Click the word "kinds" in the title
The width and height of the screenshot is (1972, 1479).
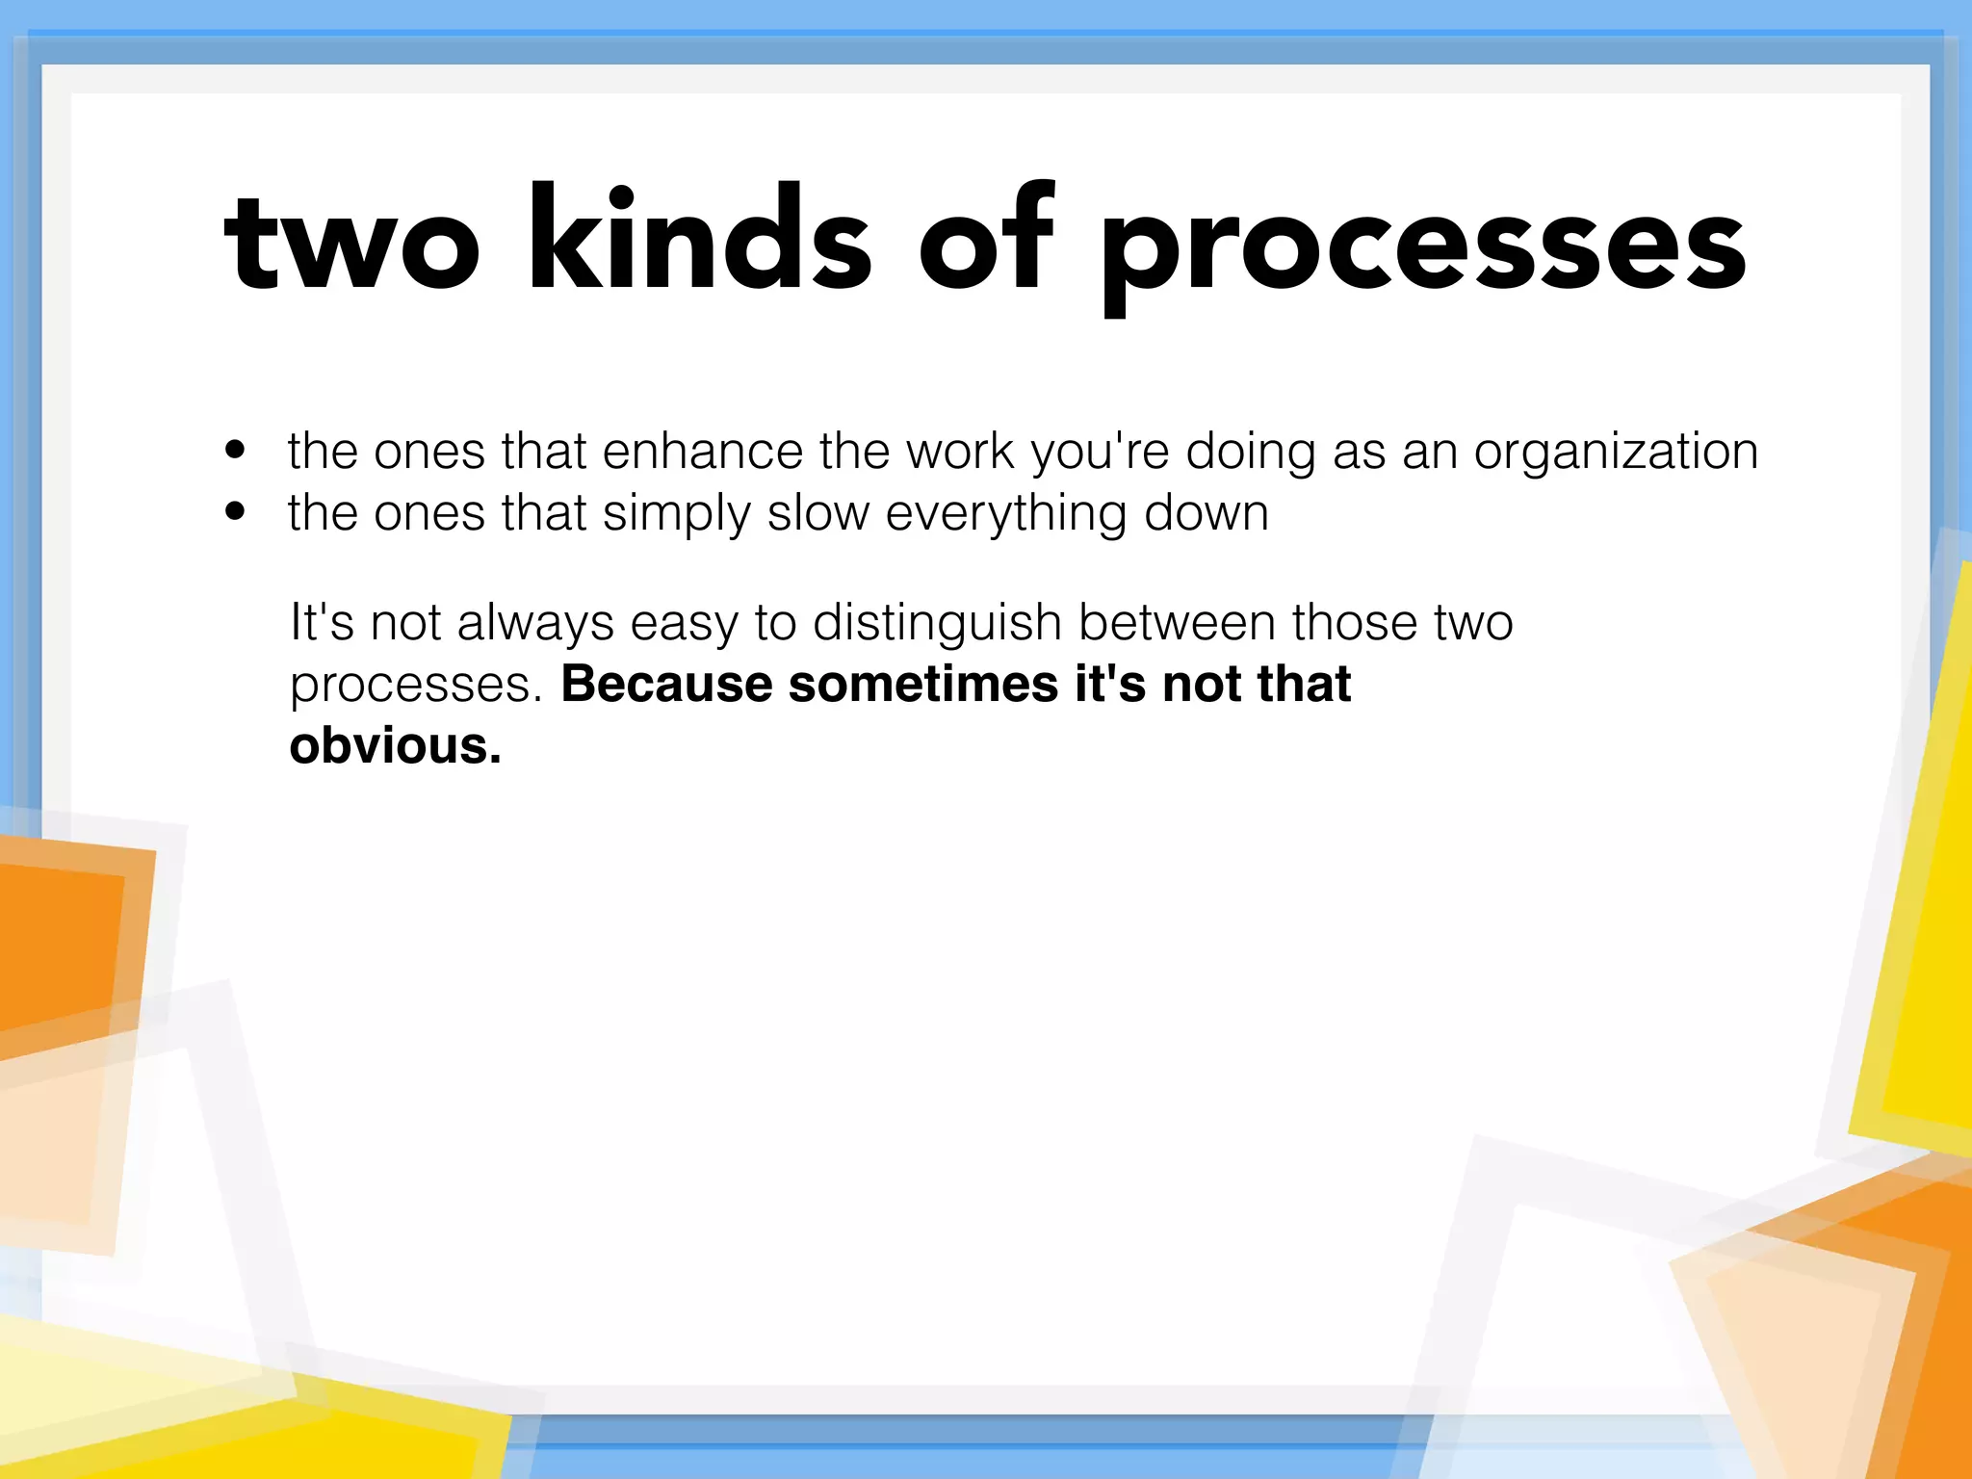(700, 241)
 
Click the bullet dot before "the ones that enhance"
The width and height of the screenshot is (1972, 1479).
(235, 450)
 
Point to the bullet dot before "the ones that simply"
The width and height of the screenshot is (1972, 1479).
(235, 511)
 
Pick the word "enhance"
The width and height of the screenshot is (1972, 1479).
(702, 451)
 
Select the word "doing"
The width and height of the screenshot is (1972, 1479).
(1250, 453)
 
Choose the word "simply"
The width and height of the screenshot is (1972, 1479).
(676, 514)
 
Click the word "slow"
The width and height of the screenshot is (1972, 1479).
(817, 512)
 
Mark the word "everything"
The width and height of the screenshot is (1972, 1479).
(1005, 514)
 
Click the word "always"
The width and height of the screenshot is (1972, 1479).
(534, 623)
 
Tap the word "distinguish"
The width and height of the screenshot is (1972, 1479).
(936, 623)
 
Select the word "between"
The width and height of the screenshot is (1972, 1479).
(1177, 622)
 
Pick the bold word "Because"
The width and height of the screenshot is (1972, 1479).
(665, 684)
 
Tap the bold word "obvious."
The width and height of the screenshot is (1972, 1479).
(395, 745)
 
